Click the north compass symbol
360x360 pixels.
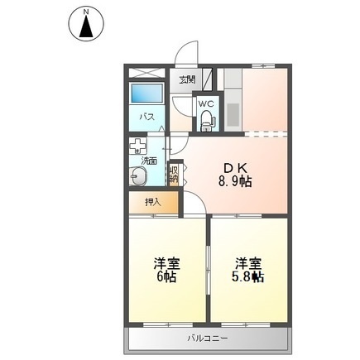[85, 23]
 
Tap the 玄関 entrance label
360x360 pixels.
[187, 79]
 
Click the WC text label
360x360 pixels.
[206, 104]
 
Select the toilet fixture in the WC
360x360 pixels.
[205, 122]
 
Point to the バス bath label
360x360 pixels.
[146, 117]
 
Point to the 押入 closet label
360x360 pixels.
[151, 201]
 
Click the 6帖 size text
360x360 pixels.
[167, 278]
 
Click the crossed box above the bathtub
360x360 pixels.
[146, 72]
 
